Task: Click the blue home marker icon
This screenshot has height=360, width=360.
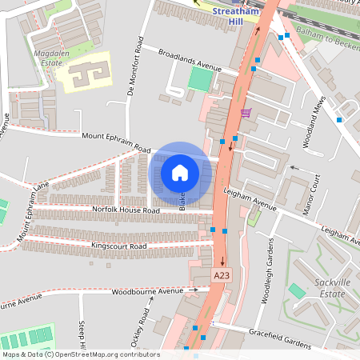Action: (x=180, y=172)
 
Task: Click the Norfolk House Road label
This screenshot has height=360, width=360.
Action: (x=126, y=210)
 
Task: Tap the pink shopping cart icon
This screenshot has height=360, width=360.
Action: (x=245, y=112)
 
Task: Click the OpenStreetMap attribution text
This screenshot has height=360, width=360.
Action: (x=80, y=354)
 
